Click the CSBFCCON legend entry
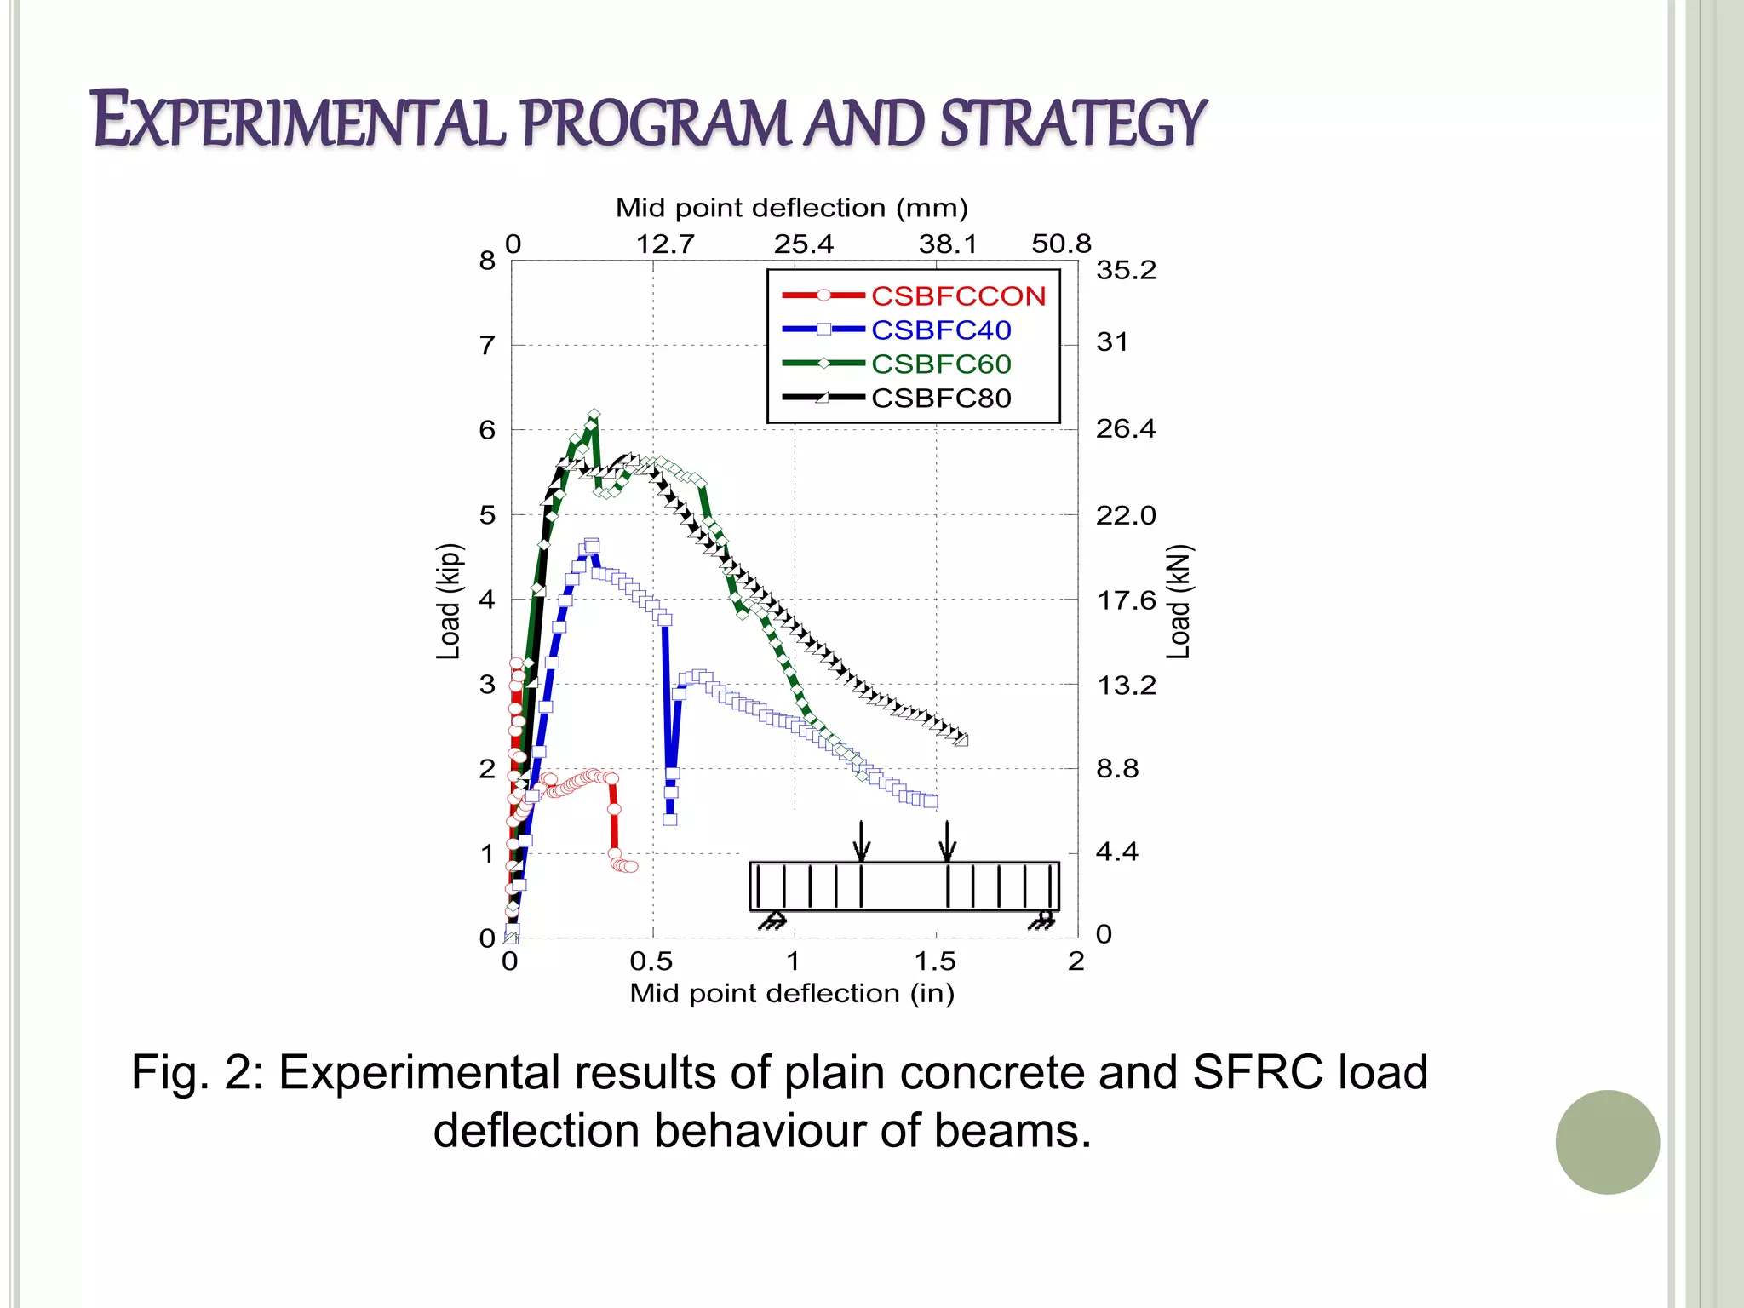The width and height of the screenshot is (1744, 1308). click(x=957, y=295)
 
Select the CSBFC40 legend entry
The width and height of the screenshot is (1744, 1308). click(x=940, y=330)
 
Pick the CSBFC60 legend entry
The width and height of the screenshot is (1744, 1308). click(x=940, y=364)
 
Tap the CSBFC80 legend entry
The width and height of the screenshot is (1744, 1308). click(x=940, y=398)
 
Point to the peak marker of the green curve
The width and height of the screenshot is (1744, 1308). click(x=594, y=415)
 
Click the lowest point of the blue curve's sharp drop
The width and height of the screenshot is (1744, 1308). click(x=669, y=819)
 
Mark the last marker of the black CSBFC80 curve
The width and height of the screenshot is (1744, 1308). click(x=961, y=739)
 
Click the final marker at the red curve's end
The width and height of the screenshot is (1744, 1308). click(x=631, y=867)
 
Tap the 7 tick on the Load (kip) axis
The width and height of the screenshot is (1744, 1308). click(x=487, y=346)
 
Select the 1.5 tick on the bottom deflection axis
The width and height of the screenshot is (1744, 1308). click(x=935, y=961)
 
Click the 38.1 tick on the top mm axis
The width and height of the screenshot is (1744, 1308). click(x=948, y=244)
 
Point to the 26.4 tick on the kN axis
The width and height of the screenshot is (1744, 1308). click(x=1125, y=428)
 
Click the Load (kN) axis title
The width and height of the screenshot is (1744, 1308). click(x=1179, y=601)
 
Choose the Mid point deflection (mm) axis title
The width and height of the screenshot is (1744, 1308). click(x=791, y=208)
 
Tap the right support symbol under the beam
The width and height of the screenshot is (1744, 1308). click(x=1041, y=921)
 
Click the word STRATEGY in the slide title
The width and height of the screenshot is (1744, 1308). click(x=1073, y=122)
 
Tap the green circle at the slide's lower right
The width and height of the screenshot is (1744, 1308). click(x=1607, y=1142)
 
